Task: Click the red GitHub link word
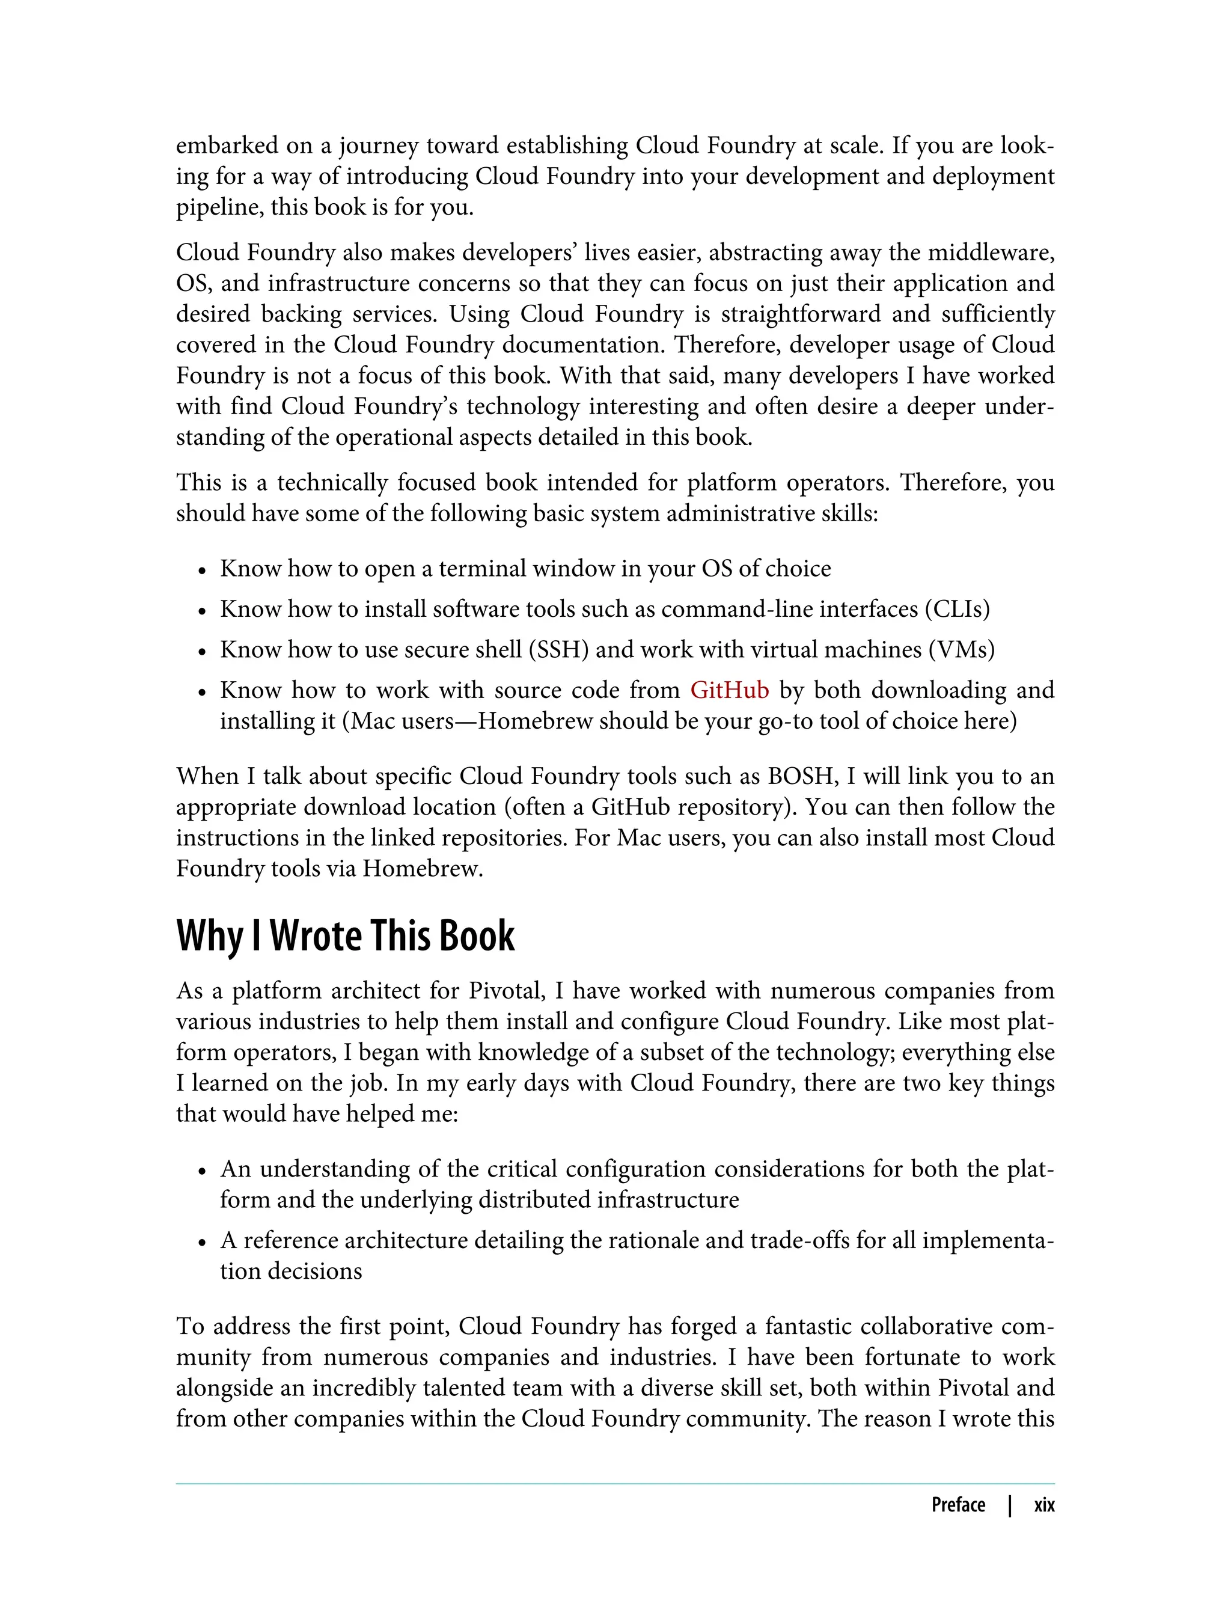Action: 729,690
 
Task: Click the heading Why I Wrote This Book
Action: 345,936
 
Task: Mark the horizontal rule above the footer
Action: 615,1483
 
